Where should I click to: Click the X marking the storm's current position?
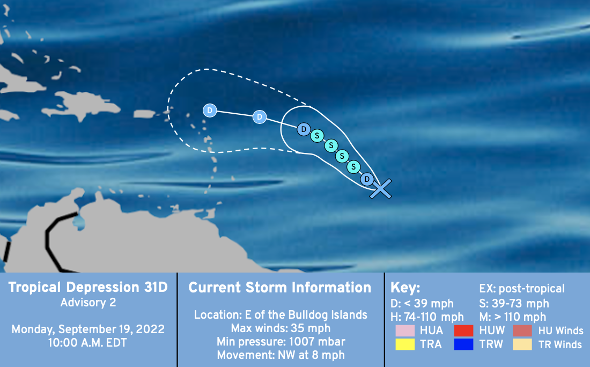coord(381,188)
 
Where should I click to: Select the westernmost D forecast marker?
coord(210,111)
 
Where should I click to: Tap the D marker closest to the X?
coord(367,179)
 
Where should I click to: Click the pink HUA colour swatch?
coord(405,331)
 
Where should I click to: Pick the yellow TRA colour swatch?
coord(405,344)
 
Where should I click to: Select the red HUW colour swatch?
coord(463,331)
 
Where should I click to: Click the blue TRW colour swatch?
coord(463,344)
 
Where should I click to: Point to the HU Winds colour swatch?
coord(522,331)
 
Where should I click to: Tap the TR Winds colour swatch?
coord(522,344)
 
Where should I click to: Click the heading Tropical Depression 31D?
coord(88,287)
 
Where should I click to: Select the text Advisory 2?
coord(88,303)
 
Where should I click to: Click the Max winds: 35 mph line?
coord(281,328)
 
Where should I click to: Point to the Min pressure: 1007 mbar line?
coord(281,342)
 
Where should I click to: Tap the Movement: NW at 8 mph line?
coord(281,355)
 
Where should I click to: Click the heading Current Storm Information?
coord(280,288)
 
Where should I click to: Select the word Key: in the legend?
coord(405,288)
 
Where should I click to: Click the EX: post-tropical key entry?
coord(522,289)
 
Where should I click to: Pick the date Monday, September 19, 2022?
coord(88,329)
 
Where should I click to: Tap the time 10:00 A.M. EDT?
coord(87,343)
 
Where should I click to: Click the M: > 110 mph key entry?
coord(512,317)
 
